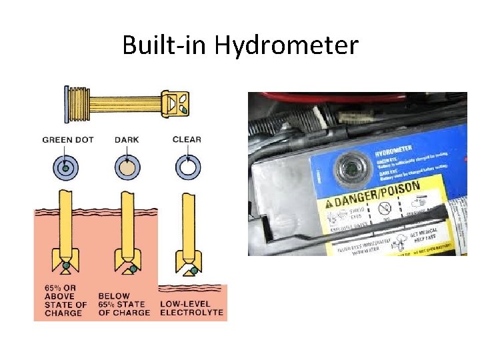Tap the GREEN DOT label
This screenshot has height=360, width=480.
[x=68, y=140]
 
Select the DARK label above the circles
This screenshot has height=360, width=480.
[x=126, y=140]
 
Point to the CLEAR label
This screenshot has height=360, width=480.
[x=187, y=140]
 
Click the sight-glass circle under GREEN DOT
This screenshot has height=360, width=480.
[x=65, y=167]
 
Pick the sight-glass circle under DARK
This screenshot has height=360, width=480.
[x=126, y=167]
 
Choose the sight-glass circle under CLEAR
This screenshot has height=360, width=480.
[x=187, y=167]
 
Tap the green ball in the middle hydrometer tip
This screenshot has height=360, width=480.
[x=133, y=269]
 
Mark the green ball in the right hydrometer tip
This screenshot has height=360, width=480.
[x=194, y=271]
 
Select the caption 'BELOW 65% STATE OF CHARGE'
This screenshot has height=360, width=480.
[x=124, y=304]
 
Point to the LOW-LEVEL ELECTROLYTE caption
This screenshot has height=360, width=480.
[x=192, y=308]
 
